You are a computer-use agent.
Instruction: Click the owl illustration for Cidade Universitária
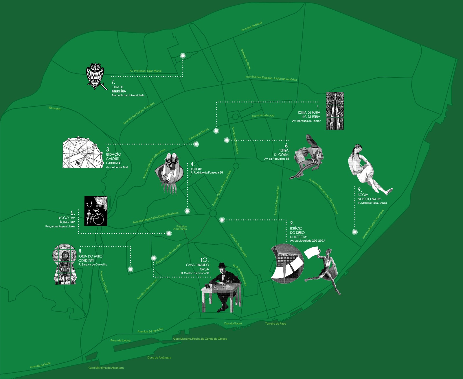(95, 75)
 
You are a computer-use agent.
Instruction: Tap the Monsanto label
(55, 108)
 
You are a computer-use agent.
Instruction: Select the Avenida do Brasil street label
(252, 26)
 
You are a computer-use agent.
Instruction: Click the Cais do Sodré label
(233, 323)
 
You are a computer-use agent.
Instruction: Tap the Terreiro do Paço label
(275, 323)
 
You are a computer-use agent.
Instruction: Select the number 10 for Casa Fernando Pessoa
(204, 260)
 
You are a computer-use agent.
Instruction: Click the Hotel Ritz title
(196, 169)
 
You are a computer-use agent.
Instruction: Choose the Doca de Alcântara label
(159, 358)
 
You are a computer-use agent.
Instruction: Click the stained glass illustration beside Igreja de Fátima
(335, 111)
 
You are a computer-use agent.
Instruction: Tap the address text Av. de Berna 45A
(117, 167)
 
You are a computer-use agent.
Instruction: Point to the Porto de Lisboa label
(120, 341)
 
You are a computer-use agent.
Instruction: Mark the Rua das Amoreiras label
(181, 228)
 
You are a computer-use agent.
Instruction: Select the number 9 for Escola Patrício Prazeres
(359, 190)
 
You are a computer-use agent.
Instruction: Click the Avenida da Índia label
(40, 365)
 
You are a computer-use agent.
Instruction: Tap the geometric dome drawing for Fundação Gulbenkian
(82, 153)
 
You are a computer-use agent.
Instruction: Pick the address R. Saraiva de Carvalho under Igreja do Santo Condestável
(93, 264)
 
